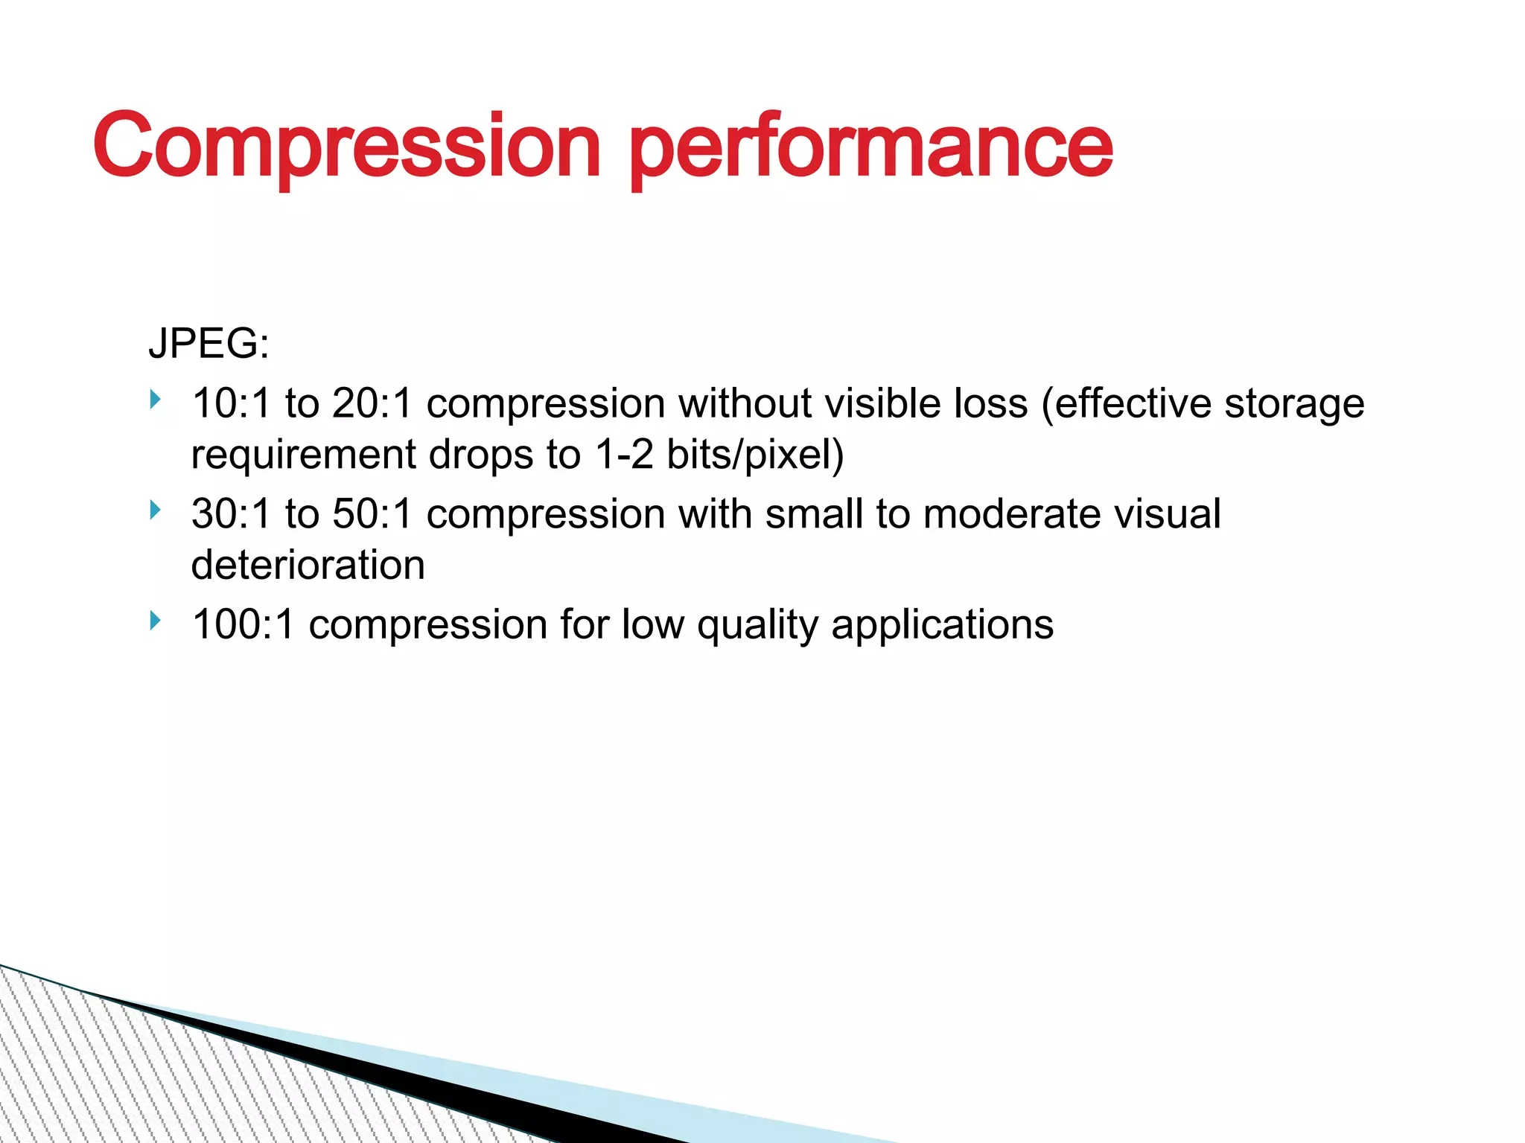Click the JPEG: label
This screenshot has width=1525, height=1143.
point(208,344)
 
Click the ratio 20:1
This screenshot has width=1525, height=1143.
point(372,403)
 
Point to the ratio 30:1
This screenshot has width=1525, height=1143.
point(231,513)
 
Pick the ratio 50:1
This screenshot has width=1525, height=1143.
point(372,513)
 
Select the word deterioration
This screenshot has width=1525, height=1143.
point(308,565)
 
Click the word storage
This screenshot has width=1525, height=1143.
point(1294,403)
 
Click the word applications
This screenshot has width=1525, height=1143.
point(942,625)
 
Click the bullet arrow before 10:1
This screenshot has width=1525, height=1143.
point(155,400)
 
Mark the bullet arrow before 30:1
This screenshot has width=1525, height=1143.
point(155,510)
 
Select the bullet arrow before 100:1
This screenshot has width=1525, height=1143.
point(155,620)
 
